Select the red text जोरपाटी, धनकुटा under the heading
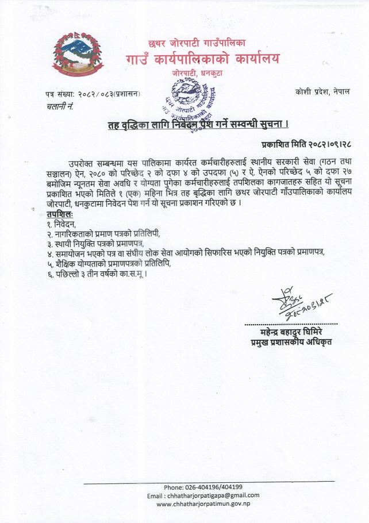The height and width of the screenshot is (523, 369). [201, 74]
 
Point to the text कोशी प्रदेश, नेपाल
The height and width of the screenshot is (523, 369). [322, 91]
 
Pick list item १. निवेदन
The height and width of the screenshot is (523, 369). [61, 224]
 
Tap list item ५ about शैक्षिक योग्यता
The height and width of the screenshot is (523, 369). [109, 264]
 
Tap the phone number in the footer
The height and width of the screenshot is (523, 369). [203, 487]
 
